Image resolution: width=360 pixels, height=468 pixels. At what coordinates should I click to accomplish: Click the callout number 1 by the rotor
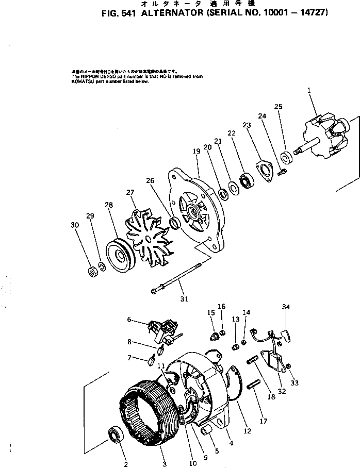click(x=309, y=91)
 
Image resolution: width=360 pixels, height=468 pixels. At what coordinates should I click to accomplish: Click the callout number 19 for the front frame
click(x=196, y=151)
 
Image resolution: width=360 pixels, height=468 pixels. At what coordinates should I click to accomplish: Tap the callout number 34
click(x=285, y=308)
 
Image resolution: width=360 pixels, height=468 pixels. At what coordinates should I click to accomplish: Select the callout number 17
click(x=264, y=421)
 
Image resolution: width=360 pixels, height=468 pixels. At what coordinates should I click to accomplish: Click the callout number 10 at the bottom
click(x=193, y=463)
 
